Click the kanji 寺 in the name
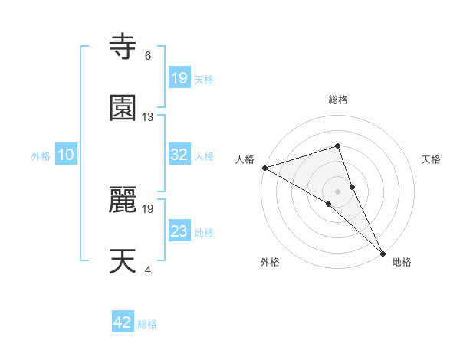tap(123, 47)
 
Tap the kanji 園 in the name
tap(123, 108)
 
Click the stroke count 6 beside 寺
tap(147, 56)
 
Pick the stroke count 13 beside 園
tap(148, 117)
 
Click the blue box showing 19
tap(179, 78)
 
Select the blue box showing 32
tap(179, 155)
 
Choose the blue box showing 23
tap(179, 231)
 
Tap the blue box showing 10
tap(66, 155)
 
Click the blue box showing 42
tap(123, 322)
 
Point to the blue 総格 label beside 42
tap(147, 324)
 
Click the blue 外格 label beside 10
tap(41, 155)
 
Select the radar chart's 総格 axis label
tap(338, 100)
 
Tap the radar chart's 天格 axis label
tap(432, 159)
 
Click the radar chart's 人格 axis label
tap(245, 159)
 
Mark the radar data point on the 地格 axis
tap(383, 252)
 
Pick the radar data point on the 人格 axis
tap(264, 167)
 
